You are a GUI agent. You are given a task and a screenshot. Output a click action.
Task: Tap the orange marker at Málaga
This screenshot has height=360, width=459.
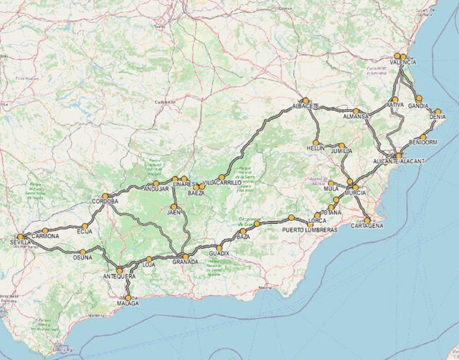pos(128,298)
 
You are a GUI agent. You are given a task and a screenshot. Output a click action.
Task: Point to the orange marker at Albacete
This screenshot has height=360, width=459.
pos(306,100)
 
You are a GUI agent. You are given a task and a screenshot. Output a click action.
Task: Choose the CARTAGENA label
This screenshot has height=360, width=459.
pos(366,226)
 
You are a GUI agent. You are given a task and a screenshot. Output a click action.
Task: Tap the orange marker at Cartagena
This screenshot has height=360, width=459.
pos(367,220)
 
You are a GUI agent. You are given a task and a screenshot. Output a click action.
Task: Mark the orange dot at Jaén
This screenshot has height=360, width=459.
pos(174,207)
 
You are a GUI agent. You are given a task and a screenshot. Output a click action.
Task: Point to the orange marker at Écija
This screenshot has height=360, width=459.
pos(85,225)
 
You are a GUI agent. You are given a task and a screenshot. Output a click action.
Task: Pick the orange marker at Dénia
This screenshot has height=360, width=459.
pos(437,111)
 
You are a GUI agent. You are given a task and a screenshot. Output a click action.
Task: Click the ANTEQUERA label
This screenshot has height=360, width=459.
pos(118,276)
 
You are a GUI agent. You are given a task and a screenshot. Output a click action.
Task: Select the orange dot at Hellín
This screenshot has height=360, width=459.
pos(316,142)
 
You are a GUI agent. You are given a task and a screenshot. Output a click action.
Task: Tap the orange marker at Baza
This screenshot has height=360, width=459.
pos(257,224)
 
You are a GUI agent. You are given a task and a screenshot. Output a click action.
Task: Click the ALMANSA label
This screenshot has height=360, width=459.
pos(356,116)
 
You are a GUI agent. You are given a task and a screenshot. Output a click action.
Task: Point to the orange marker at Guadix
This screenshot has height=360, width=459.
pos(219,247)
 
